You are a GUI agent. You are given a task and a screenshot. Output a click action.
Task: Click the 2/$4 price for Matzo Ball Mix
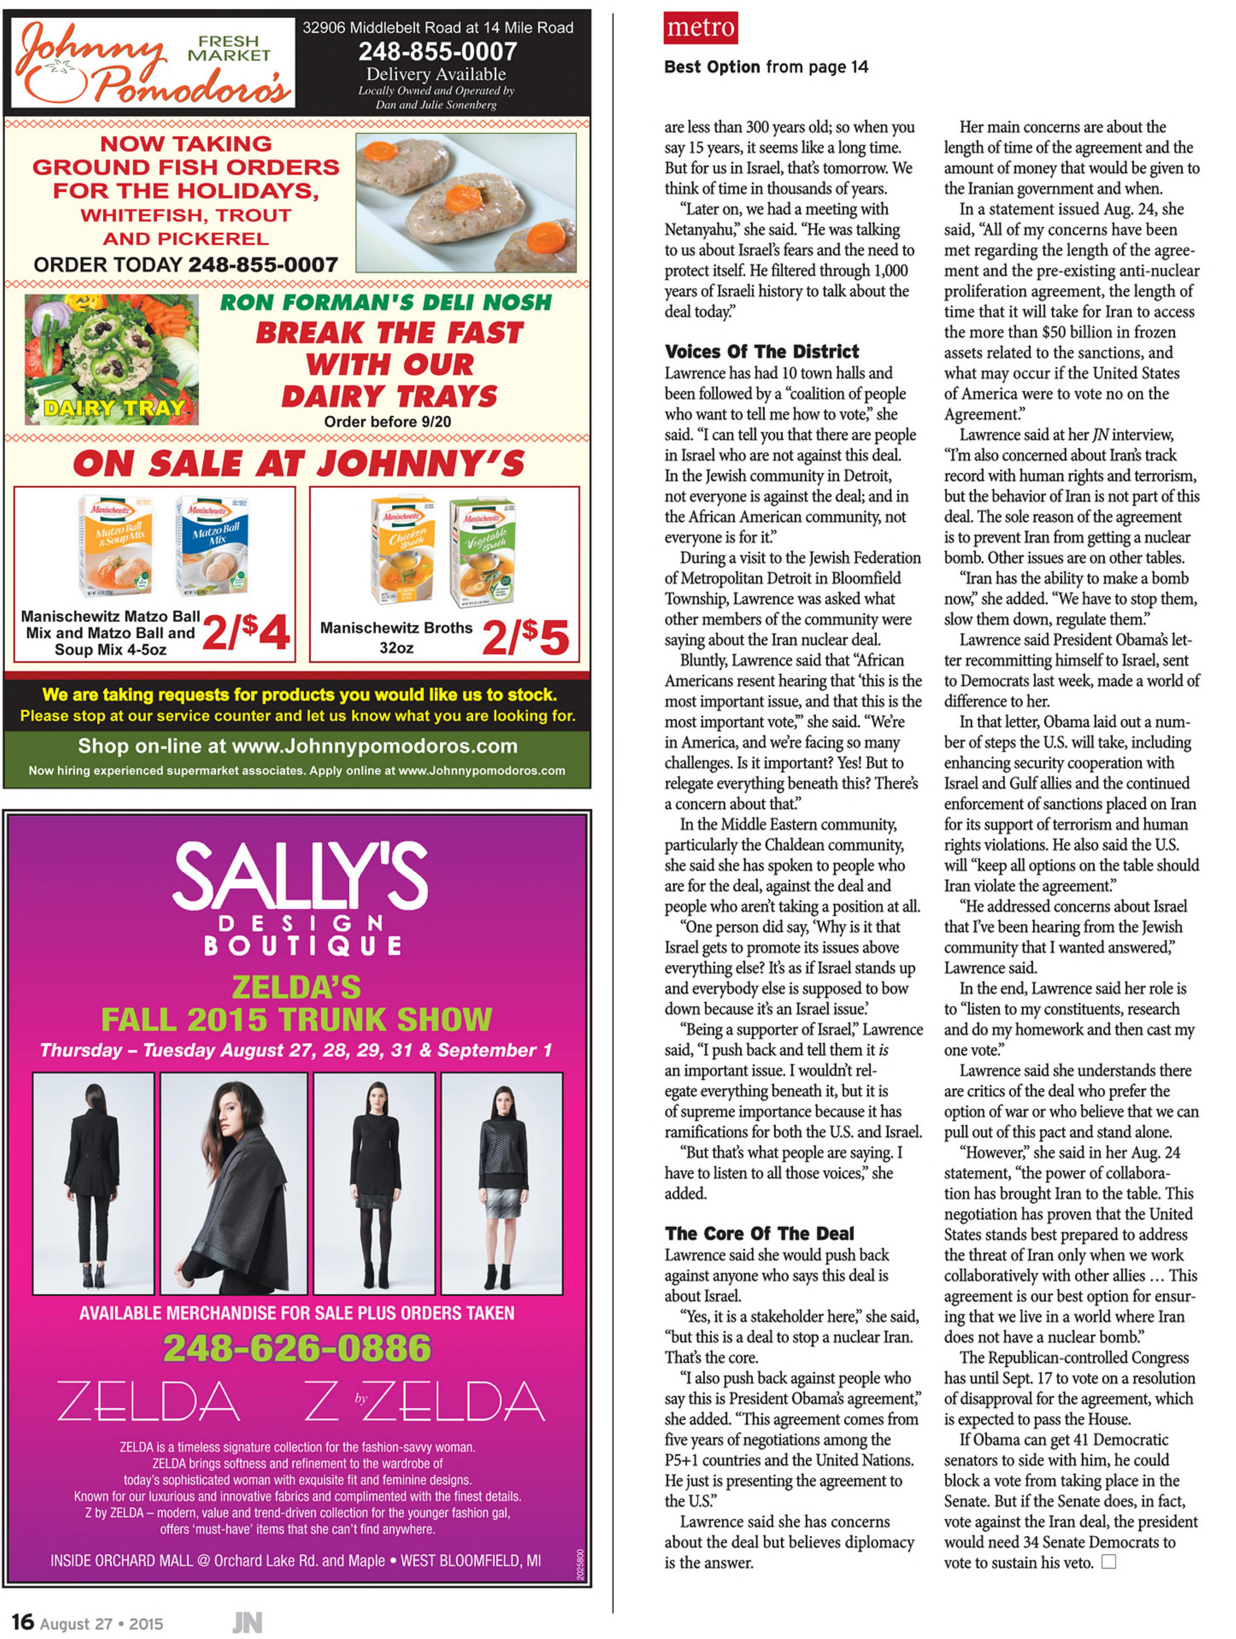pos(245,633)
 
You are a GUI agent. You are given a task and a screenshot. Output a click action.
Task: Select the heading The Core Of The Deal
pos(759,1233)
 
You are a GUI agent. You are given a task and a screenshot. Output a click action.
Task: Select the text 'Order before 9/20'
pos(388,422)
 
